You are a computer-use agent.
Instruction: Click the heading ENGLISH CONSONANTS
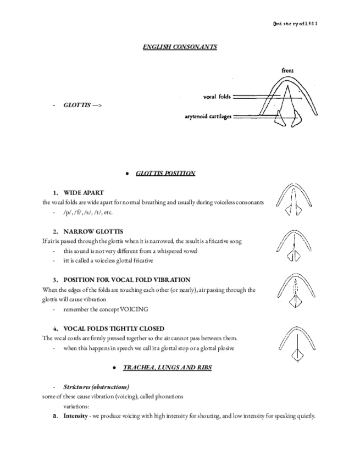point(180,47)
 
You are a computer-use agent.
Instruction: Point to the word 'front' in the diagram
point(287,71)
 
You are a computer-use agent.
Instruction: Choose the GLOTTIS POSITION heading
point(165,173)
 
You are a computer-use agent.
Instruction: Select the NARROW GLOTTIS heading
point(93,232)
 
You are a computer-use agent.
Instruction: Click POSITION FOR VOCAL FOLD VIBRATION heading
point(127,280)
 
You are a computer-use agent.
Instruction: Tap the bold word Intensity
point(75,416)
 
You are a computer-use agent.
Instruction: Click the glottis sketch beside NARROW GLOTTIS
point(295,245)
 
